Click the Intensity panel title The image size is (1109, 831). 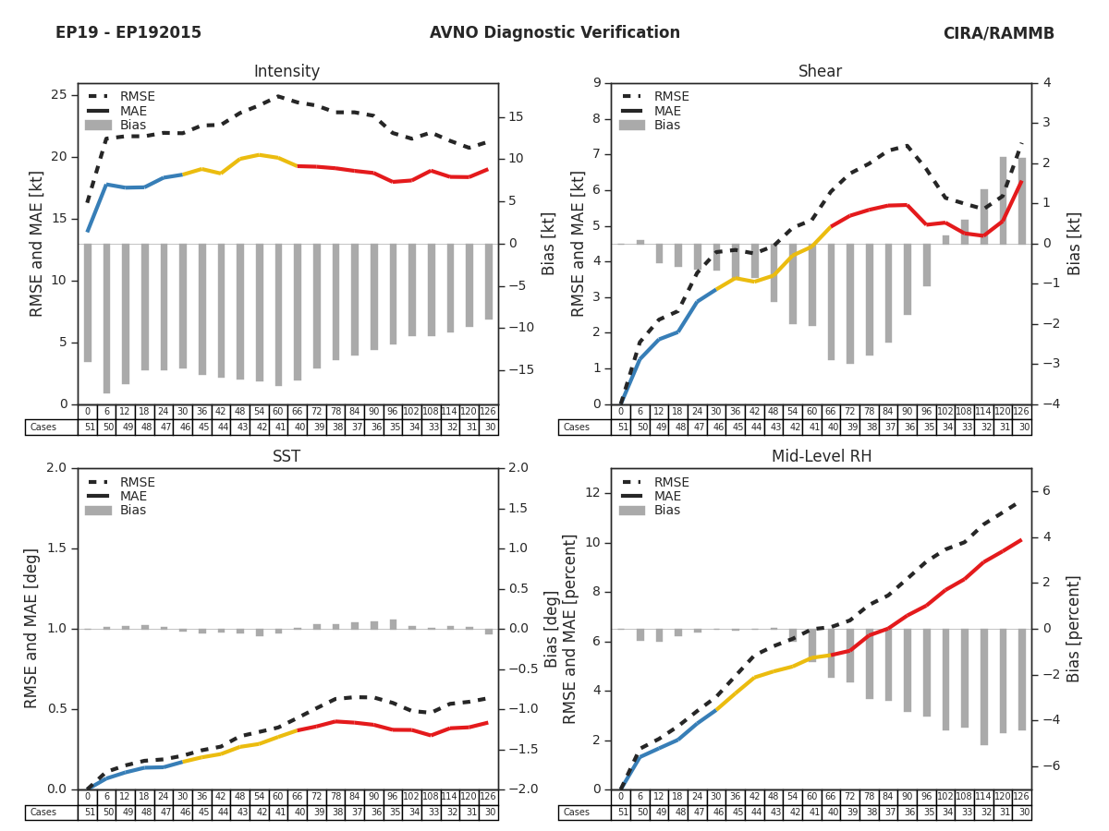point(286,72)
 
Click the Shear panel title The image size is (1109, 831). point(820,72)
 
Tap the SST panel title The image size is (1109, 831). point(286,457)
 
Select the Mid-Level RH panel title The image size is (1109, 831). point(820,457)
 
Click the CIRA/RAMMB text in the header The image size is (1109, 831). point(998,33)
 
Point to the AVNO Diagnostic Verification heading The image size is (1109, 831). point(554,33)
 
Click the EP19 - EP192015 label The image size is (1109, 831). point(128,33)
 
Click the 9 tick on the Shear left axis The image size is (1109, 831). point(597,83)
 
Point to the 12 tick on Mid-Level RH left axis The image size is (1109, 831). point(592,493)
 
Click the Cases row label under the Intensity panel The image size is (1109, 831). point(43,428)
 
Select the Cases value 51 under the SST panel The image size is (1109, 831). point(88,813)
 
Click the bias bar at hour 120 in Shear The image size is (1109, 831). point(1003,200)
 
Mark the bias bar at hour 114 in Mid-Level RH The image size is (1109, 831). point(983,687)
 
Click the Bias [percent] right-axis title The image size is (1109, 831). point(1074,628)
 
